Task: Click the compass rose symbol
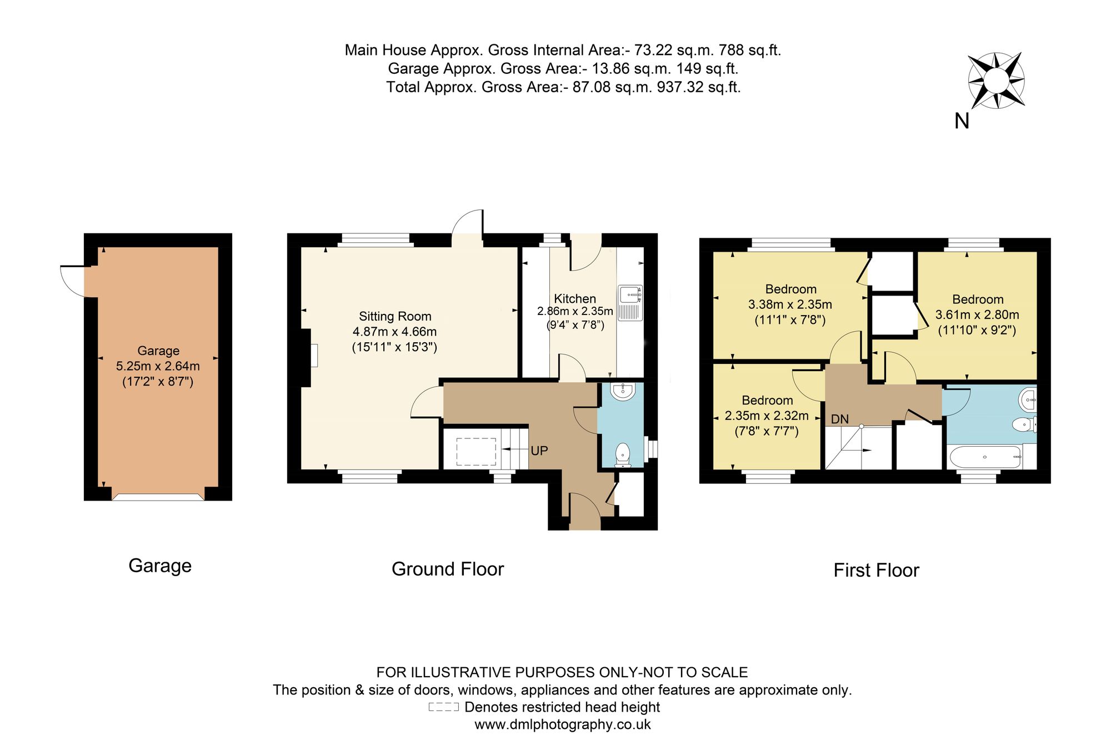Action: tap(996, 81)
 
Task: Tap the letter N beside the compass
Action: tap(962, 121)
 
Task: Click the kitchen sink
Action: tap(630, 303)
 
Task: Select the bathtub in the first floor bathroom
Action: tap(985, 457)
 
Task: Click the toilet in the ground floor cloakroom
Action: tap(623, 454)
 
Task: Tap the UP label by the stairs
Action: tap(539, 451)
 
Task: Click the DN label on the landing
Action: tap(840, 419)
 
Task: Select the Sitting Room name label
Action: tap(395, 316)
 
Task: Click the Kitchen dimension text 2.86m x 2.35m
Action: tap(575, 311)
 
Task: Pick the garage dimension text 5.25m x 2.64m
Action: tap(158, 366)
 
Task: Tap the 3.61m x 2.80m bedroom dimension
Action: tap(977, 314)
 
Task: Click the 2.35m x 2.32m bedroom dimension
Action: tap(767, 416)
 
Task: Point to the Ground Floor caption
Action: tap(448, 569)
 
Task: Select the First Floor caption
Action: tap(876, 570)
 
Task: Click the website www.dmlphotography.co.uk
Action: tap(562, 724)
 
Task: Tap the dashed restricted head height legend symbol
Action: tap(443, 707)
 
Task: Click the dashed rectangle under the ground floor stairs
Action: tap(476, 451)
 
